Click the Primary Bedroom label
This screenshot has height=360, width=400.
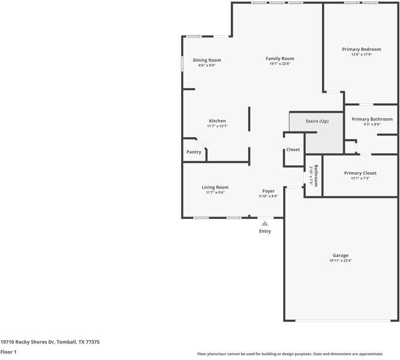pos(362,49)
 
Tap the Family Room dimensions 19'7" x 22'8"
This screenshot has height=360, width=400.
pos(280,64)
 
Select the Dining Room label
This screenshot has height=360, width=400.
pos(207,60)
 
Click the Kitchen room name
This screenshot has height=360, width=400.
pos(217,121)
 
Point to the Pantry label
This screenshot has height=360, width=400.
pos(194,152)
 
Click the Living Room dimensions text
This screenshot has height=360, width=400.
pos(215,193)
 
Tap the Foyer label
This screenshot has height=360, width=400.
pos(269,191)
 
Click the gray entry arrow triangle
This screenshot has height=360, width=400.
pos(265,224)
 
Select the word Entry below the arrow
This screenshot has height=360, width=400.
pos(265,231)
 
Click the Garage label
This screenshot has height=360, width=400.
pos(340,256)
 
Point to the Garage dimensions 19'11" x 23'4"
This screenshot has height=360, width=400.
pos(341,260)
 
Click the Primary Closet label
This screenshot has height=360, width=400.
pos(360,173)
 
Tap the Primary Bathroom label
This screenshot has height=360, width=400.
pos(372,119)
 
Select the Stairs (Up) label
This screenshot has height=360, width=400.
pos(317,121)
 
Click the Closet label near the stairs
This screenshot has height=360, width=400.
pos(293,149)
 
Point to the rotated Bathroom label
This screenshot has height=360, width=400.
pos(316,176)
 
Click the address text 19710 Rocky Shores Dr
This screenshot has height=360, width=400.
pos(28,342)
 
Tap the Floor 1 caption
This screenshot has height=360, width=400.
pos(8,352)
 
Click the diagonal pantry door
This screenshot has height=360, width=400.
pos(201,143)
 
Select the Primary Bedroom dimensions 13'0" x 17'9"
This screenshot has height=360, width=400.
pos(362,55)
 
